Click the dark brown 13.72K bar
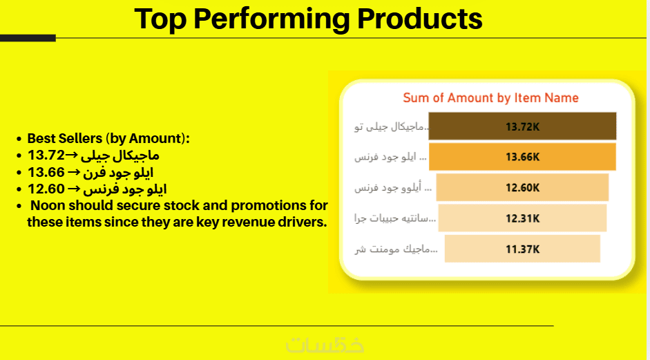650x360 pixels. [522, 126]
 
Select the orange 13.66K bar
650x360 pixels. [522, 157]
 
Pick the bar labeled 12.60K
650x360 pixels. [522, 187]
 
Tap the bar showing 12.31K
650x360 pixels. [522, 218]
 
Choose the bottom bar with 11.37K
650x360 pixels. [522, 249]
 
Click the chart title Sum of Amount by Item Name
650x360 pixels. [490, 98]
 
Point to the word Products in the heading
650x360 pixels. [419, 19]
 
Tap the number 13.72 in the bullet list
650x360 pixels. [46, 155]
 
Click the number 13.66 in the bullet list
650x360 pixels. [46, 172]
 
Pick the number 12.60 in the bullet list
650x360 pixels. [46, 189]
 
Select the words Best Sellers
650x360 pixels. [65, 138]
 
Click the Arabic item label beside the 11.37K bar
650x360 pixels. [396, 249]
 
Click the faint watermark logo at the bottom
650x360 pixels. [325, 344]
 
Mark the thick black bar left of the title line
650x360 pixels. [28, 38]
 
